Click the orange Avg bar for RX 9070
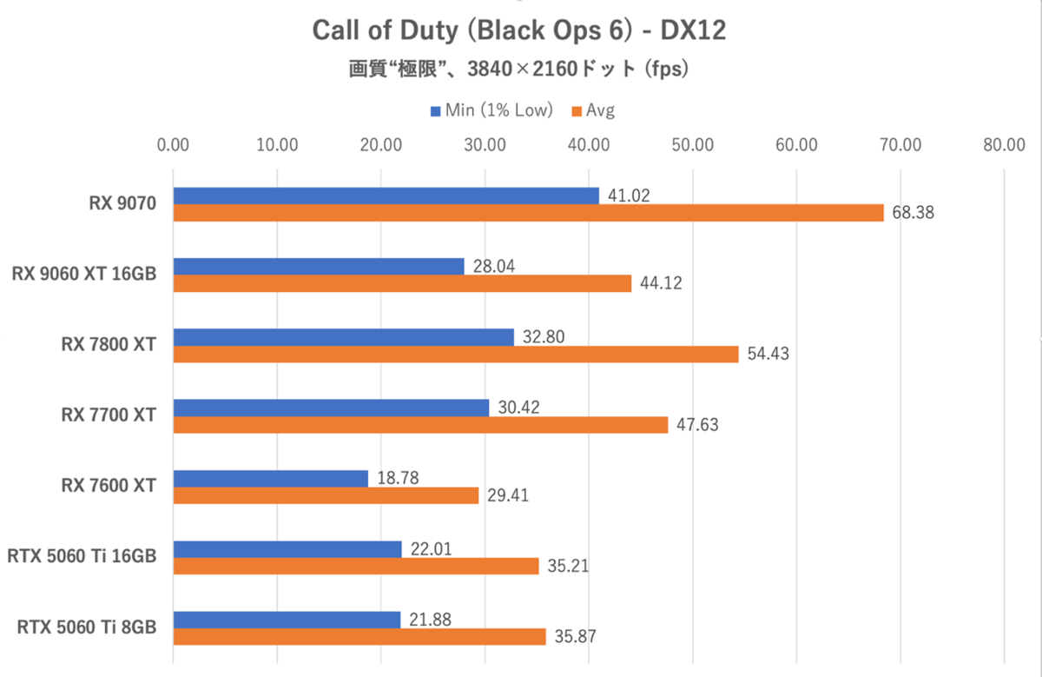pos(528,213)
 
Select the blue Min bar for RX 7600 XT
pos(271,478)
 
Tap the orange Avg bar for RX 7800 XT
pos(456,354)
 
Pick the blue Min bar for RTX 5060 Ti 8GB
pos(287,620)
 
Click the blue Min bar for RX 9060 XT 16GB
pos(319,266)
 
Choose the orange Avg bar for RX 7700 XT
pos(420,424)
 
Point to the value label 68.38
pos(912,213)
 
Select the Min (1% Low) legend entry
pos(491,110)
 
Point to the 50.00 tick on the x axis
pos(692,145)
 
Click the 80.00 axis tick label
pos(1004,145)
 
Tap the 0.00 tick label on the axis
pos(174,145)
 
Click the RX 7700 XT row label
pos(109,415)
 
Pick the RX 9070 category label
pos(122,203)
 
